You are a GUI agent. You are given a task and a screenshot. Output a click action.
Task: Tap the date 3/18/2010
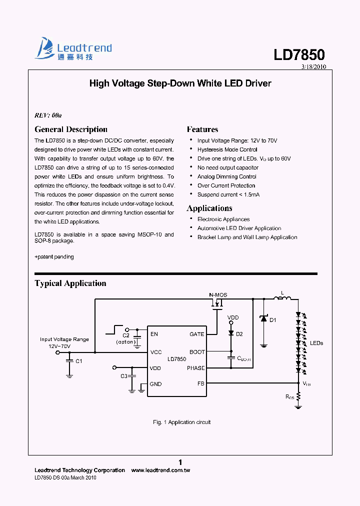pyautogui.click(x=313, y=66)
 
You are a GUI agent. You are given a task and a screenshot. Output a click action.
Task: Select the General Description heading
pyautogui.click(x=71, y=129)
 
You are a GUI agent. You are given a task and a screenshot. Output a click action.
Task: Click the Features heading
pyautogui.click(x=202, y=129)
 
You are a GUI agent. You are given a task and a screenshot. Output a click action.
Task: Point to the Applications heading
pyautogui.click(x=209, y=208)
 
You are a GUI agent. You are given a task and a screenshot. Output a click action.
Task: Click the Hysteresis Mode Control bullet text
pyautogui.click(x=227, y=150)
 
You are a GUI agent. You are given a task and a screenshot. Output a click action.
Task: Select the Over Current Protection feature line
pyautogui.click(x=226, y=186)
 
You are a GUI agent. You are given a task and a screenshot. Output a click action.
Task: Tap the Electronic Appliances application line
pyautogui.click(x=223, y=219)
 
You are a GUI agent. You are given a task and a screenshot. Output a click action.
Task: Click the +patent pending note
pyautogui.click(x=54, y=257)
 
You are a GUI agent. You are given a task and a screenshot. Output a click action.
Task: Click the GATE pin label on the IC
pyautogui.click(x=196, y=334)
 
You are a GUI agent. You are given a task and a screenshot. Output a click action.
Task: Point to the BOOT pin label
pyautogui.click(x=197, y=352)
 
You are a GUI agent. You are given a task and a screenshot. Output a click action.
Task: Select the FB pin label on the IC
pyautogui.click(x=200, y=383)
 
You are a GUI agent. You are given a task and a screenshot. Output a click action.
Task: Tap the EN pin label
pyautogui.click(x=154, y=334)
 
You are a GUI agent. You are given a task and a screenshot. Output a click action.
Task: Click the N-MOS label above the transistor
pyautogui.click(x=217, y=295)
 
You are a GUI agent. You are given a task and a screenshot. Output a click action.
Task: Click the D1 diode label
pyautogui.click(x=273, y=320)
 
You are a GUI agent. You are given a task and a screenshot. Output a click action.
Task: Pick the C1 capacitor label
pyautogui.click(x=78, y=361)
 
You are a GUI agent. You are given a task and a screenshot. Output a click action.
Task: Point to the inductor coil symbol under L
pyautogui.click(x=282, y=299)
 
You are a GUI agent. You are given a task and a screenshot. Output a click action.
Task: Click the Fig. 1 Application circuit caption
pyautogui.click(x=181, y=422)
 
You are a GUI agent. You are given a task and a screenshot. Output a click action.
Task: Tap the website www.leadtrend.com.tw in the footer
pyautogui.click(x=160, y=470)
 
